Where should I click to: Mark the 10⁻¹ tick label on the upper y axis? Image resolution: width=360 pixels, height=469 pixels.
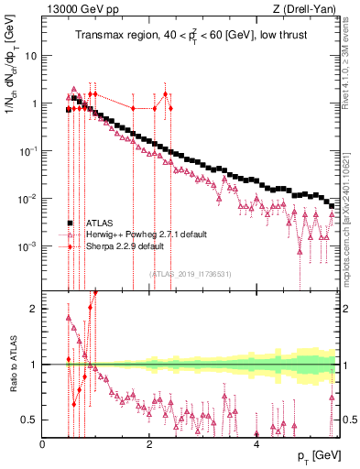(x=27, y=151)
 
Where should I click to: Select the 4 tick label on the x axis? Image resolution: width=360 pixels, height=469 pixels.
(x=256, y=444)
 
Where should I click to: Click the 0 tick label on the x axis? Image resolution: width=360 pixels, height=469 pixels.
(x=43, y=444)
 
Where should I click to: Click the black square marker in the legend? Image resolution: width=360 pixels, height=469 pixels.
(x=70, y=223)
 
